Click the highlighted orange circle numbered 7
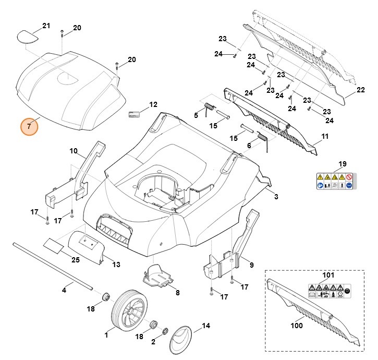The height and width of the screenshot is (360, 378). (x=30, y=126)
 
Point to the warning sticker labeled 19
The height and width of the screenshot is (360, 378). (x=334, y=181)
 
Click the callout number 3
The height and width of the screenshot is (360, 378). (x=276, y=197)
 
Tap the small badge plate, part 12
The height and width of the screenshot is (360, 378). (x=135, y=114)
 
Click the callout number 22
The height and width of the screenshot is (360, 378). (x=360, y=90)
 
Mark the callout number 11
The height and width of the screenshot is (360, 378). (x=325, y=137)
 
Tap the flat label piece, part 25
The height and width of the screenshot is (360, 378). (x=54, y=245)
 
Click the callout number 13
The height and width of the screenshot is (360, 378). (x=116, y=265)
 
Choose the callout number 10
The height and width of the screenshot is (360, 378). (x=74, y=151)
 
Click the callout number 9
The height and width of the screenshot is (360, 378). (x=251, y=265)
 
